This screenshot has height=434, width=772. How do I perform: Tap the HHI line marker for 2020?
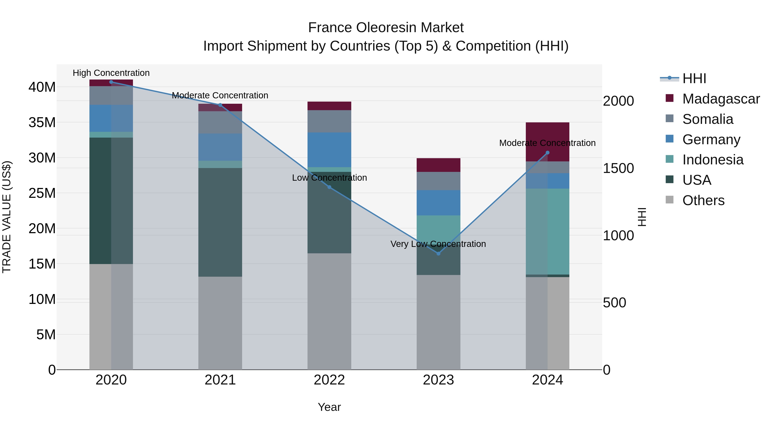click(111, 82)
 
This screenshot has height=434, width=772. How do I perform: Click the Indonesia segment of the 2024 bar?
click(547, 231)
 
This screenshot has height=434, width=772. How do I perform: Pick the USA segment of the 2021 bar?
click(220, 222)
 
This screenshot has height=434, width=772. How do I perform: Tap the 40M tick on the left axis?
click(42, 87)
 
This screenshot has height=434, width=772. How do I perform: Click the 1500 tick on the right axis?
click(618, 168)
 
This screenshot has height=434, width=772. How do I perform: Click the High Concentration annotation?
click(111, 73)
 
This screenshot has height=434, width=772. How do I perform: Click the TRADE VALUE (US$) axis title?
click(7, 217)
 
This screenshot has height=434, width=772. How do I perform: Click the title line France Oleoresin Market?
click(386, 28)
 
